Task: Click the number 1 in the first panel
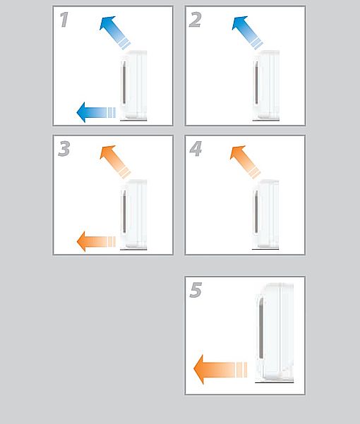tap(64, 20)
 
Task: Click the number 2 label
tap(196, 20)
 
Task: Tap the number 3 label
tap(64, 149)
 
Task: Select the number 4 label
tap(196, 149)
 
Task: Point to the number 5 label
tap(196, 290)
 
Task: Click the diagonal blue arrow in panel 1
tap(115, 32)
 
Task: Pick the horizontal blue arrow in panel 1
tap(96, 112)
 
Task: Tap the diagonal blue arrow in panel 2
tap(247, 32)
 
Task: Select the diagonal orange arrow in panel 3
tap(115, 162)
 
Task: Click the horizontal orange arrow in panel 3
tap(96, 241)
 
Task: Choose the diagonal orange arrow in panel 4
tap(245, 162)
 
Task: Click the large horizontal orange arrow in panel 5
tap(220, 370)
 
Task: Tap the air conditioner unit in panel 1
tap(133, 85)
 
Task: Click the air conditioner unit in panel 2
tap(266, 85)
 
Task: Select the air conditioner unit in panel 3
tap(133, 214)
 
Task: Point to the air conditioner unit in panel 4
tap(265, 214)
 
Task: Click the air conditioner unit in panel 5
tap(275, 332)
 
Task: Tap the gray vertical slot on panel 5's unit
tap(261, 327)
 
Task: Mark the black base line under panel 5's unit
tap(275, 382)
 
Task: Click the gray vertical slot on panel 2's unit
tap(256, 83)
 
